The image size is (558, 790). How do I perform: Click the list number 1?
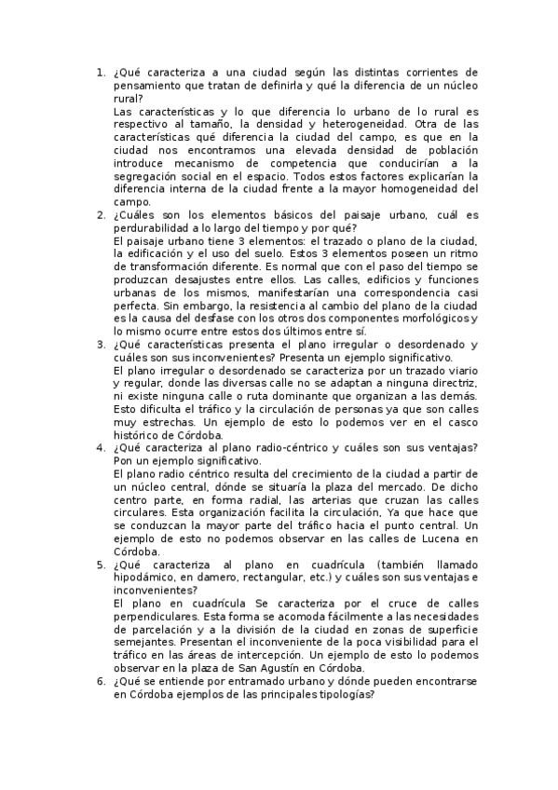100,72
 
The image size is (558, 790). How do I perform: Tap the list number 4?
100,448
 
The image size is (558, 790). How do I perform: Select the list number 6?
100,682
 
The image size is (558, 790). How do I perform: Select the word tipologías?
342,694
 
